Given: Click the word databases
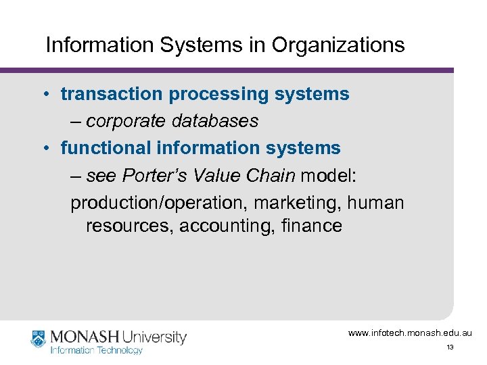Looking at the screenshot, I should pos(215,121).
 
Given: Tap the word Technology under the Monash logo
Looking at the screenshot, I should pos(120,350).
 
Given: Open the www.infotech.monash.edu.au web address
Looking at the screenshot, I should pos(410,333).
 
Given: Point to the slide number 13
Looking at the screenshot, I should pos(449,347).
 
